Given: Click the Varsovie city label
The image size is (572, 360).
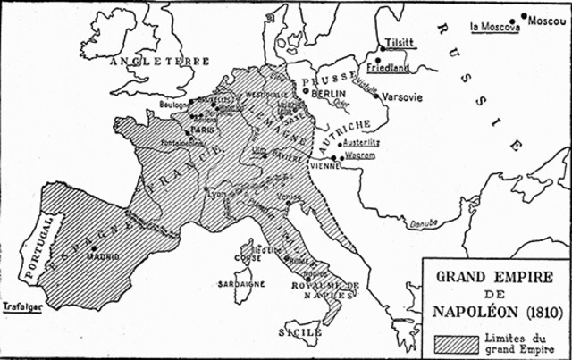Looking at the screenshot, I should (x=400, y=96).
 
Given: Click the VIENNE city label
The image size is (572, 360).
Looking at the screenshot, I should (x=323, y=165).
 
